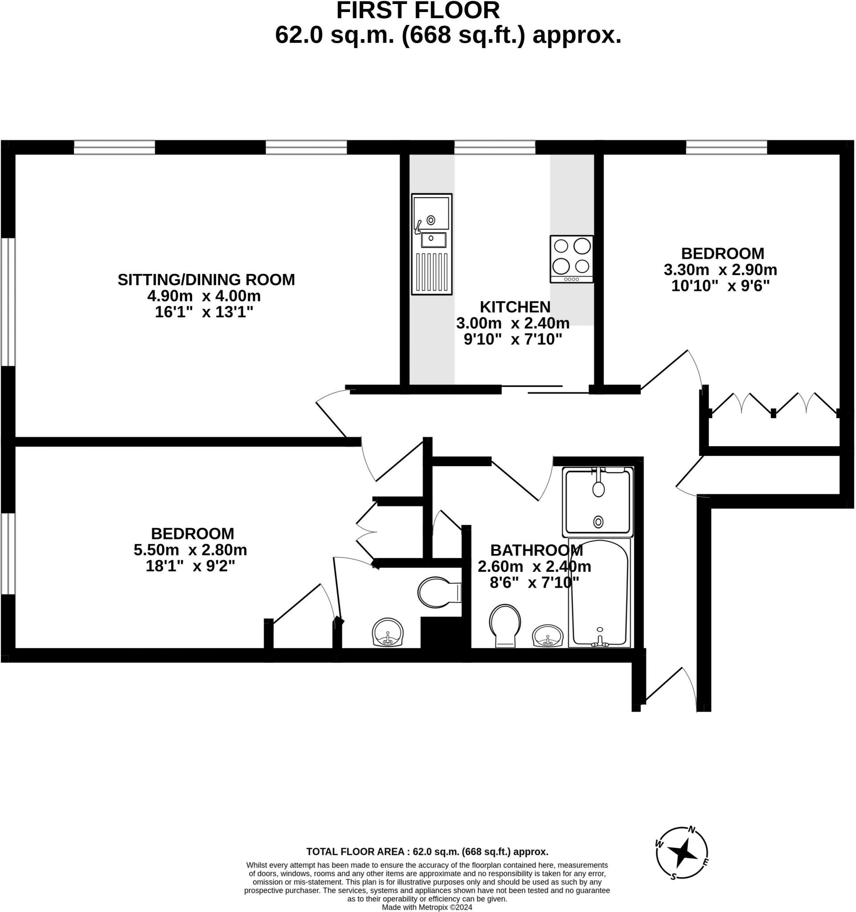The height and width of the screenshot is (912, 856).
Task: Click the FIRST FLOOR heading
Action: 418,11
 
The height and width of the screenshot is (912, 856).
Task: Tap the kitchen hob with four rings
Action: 571,259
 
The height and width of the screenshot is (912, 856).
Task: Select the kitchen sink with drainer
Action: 431,244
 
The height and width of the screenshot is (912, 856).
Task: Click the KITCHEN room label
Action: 515,306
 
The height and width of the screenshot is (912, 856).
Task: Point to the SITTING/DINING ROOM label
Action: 206,279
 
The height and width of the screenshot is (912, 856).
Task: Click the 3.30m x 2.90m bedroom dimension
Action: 720,269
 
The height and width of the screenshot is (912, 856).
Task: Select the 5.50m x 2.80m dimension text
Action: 190,550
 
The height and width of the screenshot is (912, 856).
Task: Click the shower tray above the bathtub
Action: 598,502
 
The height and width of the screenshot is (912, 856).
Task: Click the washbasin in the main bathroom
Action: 548,636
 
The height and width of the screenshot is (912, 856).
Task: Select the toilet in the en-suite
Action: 438,592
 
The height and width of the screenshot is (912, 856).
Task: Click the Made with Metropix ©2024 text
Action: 427,907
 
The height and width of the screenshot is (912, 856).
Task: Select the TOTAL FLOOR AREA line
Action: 427,852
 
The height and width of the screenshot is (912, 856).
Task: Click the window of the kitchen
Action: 495,147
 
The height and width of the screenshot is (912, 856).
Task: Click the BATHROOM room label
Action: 537,550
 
